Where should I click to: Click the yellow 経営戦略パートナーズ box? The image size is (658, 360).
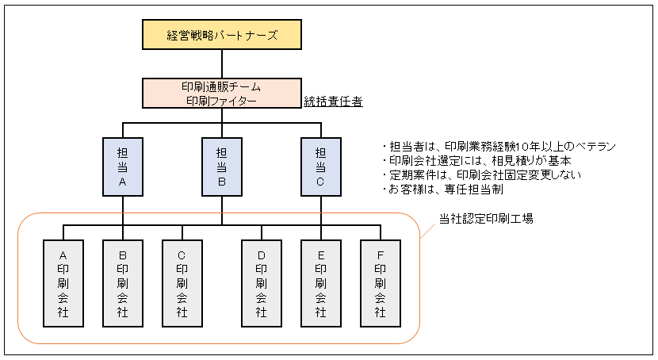(222, 36)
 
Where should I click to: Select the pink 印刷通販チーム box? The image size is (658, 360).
(222, 93)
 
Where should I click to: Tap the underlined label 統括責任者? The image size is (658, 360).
(334, 101)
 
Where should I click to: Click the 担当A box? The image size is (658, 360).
(123, 167)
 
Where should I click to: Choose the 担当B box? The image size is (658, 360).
(222, 167)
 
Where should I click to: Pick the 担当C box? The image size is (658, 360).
(321, 167)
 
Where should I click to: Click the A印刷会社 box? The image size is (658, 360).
(63, 283)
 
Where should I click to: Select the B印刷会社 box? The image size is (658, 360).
(123, 283)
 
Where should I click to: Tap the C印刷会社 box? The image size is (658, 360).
(182, 283)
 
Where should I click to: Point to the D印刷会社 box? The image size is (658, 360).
(262, 283)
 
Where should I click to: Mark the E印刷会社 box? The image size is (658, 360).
(321, 283)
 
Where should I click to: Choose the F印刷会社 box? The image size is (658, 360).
(381, 283)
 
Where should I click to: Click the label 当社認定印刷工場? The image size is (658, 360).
(486, 218)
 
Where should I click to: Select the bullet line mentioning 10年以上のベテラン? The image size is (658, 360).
(499, 147)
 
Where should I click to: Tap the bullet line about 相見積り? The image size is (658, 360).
(481, 162)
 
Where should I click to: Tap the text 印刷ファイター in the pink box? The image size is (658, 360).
(222, 101)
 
